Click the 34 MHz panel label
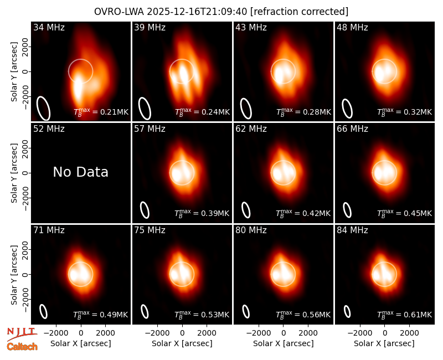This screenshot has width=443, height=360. (49, 27)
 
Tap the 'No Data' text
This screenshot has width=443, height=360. (80, 172)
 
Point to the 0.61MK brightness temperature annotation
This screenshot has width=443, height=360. (404, 315)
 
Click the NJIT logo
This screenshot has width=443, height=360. (22, 334)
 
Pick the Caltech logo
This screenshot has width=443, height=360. (22, 347)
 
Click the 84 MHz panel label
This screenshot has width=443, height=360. (352, 230)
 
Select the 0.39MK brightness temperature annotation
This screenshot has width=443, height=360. (202, 213)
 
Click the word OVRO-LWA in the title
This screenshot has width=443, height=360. (119, 12)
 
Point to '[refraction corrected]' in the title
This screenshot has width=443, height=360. (299, 12)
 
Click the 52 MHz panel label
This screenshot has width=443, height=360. (49, 129)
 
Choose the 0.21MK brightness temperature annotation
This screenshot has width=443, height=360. (101, 112)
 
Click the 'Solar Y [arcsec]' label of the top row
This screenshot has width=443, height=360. (14, 72)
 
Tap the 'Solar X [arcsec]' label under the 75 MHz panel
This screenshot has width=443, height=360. (182, 343)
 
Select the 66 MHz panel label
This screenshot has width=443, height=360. (352, 129)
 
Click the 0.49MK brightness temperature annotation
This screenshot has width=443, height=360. (101, 315)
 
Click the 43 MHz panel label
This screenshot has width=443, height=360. (251, 27)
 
